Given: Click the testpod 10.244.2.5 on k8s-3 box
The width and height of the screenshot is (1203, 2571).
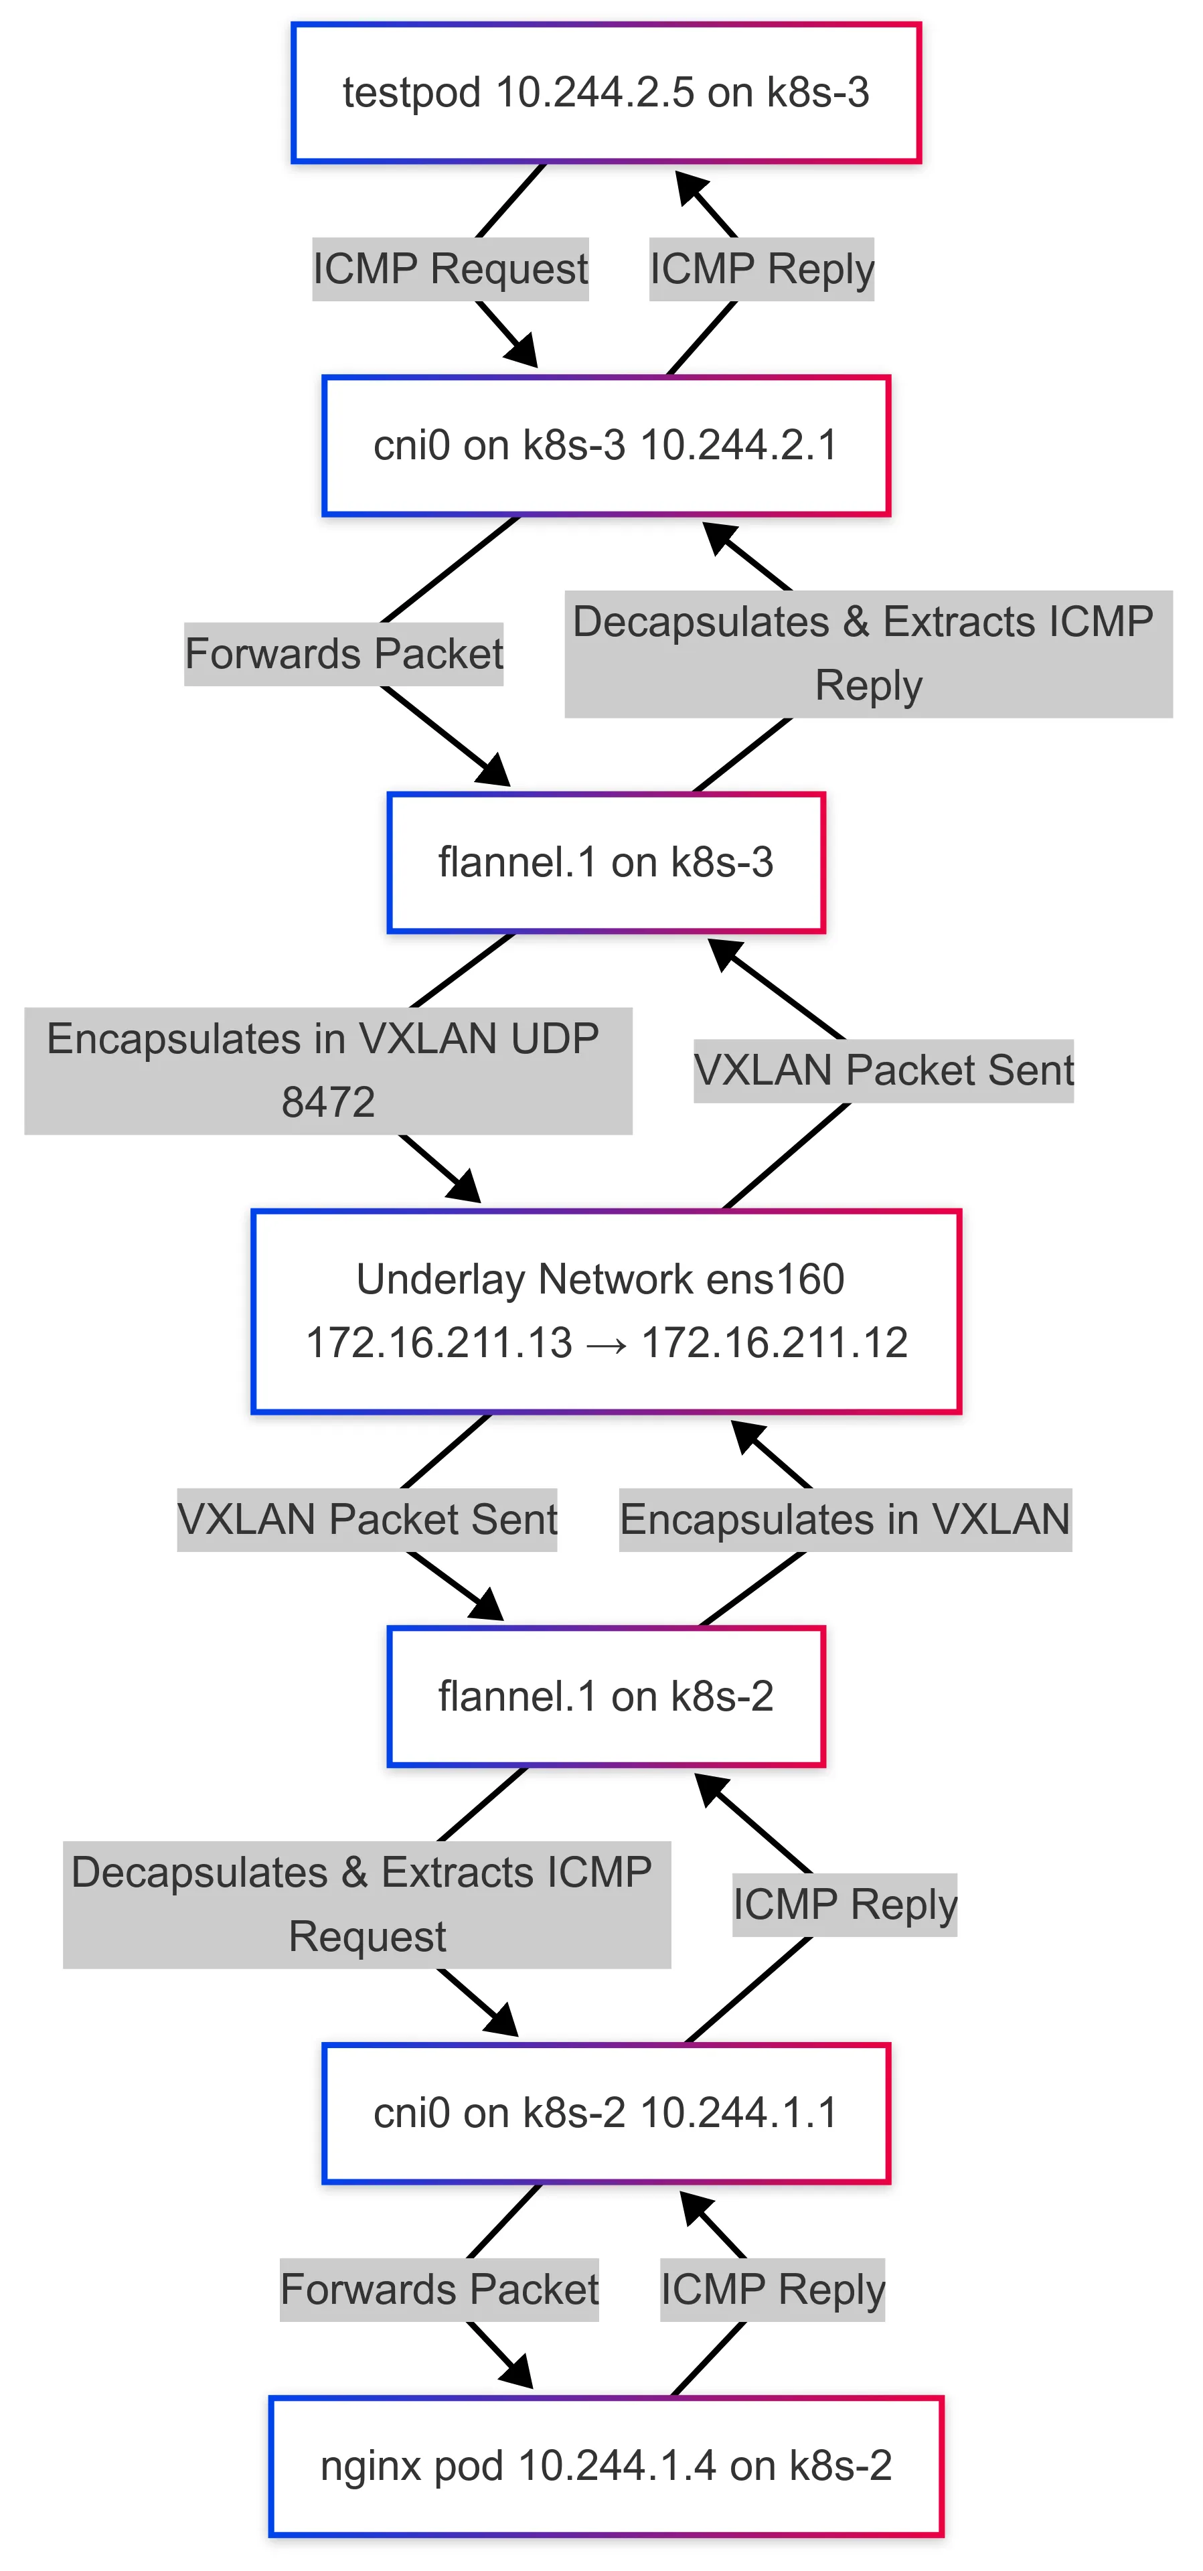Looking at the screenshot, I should [605, 93].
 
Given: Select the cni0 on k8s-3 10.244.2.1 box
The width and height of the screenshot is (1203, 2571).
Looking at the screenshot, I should [605, 445].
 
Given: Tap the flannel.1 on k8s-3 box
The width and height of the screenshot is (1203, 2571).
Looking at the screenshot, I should [605, 862].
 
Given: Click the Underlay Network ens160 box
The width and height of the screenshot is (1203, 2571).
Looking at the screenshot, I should [605, 1310].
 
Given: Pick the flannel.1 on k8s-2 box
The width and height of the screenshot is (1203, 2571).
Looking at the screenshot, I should [605, 1696].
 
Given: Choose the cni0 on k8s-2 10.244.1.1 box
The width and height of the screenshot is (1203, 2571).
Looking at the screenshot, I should [605, 2113].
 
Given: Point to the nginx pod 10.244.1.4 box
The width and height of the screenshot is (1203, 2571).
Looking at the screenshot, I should [605, 2465].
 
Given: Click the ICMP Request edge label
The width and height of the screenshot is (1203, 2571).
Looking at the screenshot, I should [451, 268].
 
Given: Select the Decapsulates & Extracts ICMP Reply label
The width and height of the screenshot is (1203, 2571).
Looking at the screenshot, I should [868, 653].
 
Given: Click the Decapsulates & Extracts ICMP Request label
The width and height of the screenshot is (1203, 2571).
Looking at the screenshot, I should [366, 1904].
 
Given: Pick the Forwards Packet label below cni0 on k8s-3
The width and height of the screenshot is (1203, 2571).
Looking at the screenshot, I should [343, 653].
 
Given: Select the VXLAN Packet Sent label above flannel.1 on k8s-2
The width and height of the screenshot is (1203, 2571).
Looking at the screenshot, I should [366, 1519].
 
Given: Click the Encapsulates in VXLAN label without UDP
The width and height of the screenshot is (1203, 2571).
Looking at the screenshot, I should [845, 1519].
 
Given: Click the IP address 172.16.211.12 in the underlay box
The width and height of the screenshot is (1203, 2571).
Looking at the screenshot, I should [775, 1342].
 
